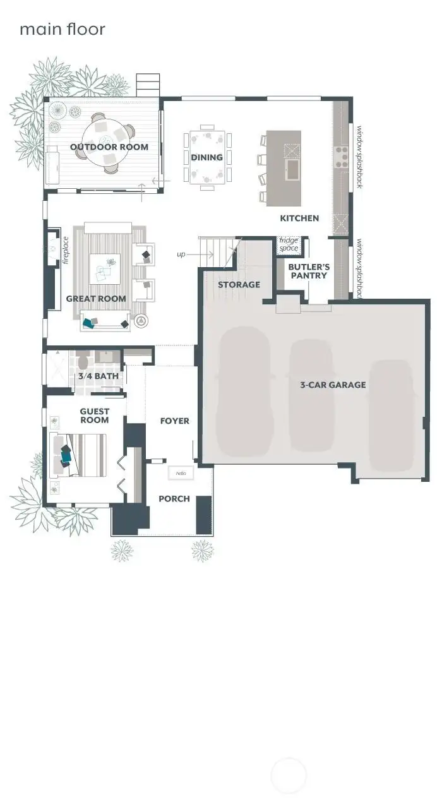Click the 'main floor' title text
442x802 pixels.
point(62,29)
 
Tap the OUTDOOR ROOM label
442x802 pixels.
point(109,147)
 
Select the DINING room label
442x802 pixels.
point(206,157)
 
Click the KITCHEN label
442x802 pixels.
point(299,218)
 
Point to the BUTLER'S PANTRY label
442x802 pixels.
point(309,271)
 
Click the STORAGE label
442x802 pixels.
point(239,285)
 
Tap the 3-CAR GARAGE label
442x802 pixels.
point(333,385)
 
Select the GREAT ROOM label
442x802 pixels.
point(96,299)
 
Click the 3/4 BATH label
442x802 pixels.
point(98,376)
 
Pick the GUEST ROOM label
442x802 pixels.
point(94,416)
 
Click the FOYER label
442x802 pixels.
point(174,421)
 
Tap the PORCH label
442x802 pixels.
point(174,498)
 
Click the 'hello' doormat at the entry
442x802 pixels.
point(181,473)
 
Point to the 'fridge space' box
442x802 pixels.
point(289,245)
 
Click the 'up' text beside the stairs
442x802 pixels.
point(181,254)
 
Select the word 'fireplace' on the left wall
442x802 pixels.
point(65,249)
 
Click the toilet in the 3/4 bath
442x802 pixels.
point(83,361)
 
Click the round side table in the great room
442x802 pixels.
point(140,321)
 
